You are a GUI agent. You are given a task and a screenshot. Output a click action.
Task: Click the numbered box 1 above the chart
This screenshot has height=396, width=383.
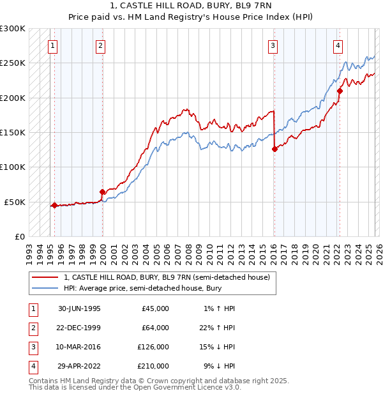point(52,45)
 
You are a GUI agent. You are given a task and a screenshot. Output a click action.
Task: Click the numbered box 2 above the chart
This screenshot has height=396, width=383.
point(101,45)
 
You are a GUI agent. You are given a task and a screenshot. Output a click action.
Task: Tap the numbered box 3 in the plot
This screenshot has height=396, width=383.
point(273,45)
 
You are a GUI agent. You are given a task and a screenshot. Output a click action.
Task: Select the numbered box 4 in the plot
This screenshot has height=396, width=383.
point(337,45)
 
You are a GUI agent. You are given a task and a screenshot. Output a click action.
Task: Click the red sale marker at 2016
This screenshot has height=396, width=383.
point(274,149)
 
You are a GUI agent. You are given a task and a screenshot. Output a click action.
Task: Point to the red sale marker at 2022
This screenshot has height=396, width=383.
point(340,91)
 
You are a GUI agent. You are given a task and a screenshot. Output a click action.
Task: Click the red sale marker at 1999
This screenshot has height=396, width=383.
point(102,192)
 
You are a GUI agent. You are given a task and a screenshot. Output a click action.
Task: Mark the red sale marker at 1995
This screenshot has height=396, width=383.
point(55,205)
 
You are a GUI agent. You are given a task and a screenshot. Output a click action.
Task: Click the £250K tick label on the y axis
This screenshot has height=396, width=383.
point(13,63)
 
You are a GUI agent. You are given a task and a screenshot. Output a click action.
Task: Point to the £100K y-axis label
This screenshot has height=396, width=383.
point(13,167)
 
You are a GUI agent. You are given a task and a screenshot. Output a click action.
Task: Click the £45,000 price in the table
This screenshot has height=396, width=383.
point(155,308)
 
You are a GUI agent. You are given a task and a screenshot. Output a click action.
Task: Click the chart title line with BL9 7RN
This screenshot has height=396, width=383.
point(191,8)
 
